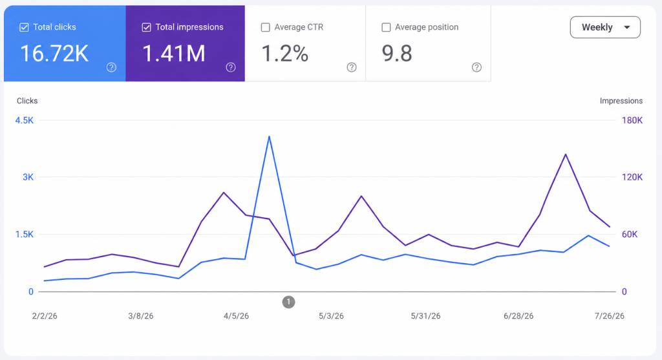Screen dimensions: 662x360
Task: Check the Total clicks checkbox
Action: click(24, 27)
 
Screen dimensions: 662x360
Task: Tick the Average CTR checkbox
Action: click(266, 27)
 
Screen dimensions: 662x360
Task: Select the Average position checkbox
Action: click(386, 27)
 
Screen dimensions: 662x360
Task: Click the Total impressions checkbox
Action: click(146, 27)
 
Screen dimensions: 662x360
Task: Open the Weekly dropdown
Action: click(605, 27)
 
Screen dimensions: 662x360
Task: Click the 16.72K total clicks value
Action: click(54, 54)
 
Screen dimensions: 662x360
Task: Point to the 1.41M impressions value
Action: click(174, 54)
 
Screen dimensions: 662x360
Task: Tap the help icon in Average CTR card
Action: click(352, 67)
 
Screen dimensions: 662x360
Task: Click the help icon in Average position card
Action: click(476, 67)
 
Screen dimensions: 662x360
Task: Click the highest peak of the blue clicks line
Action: click(269, 136)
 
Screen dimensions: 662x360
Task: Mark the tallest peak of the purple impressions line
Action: click(566, 154)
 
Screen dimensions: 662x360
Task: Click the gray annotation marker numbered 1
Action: click(288, 302)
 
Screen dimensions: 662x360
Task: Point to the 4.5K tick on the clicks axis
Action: click(25, 120)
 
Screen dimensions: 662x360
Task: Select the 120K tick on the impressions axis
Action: click(632, 177)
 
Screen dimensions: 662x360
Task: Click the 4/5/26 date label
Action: click(236, 316)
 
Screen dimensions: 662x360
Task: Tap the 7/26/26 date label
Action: click(609, 316)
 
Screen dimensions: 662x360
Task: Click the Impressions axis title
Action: click(621, 101)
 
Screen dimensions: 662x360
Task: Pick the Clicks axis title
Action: click(27, 101)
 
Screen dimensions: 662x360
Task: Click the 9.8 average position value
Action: click(397, 54)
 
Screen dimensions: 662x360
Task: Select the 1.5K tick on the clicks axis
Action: click(25, 235)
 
